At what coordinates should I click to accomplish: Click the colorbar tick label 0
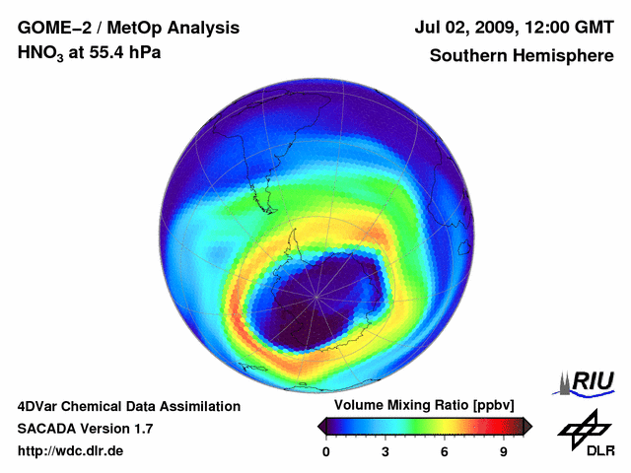(x=326, y=452)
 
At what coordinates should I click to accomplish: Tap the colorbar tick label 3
(x=386, y=452)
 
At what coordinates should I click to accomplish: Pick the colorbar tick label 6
(x=445, y=452)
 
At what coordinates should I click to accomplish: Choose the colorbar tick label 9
(x=504, y=452)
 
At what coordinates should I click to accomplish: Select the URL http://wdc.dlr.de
(x=71, y=451)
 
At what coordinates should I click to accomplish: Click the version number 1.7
(x=141, y=429)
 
